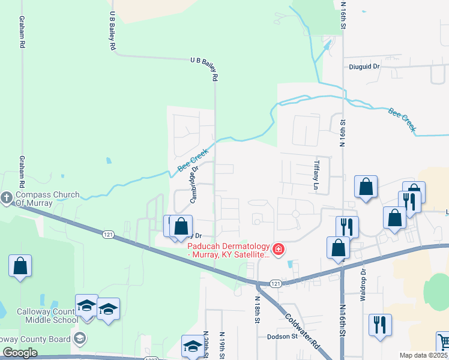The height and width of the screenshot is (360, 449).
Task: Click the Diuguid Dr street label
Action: point(365,67)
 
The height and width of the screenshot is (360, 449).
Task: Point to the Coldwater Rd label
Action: point(302,331)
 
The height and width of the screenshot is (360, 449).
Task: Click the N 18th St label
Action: point(256,310)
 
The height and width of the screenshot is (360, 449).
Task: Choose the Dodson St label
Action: point(282,337)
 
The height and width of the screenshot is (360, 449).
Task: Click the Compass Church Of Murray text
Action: point(47,199)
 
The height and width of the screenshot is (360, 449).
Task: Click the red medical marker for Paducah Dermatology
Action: point(278,248)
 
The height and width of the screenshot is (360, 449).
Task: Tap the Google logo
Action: point(20,353)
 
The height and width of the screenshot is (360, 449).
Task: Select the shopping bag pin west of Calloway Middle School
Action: point(20,266)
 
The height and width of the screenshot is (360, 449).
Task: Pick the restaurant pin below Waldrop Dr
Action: point(379,325)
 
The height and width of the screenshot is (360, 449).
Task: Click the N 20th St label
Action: point(206,345)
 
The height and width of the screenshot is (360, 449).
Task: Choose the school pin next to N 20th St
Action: point(193,346)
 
